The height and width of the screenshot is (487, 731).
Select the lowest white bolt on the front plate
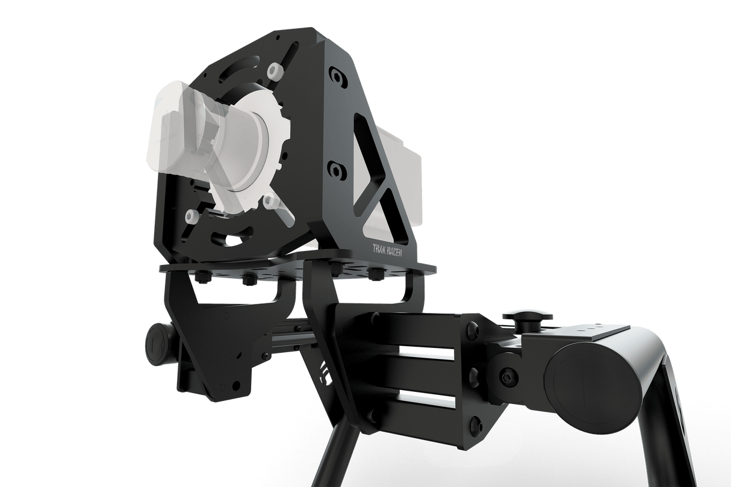(192, 214)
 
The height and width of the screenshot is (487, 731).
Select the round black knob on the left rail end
(158, 344)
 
